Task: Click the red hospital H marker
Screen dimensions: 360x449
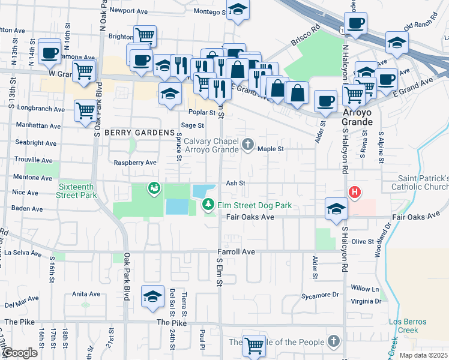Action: [x=355, y=192]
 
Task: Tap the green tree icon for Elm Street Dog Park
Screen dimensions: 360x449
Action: [x=208, y=205]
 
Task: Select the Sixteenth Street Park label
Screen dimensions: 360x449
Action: [x=77, y=191]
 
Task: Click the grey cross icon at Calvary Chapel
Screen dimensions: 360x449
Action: [x=247, y=145]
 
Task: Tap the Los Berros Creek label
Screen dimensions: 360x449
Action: [x=407, y=325]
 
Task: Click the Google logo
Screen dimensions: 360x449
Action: [x=19, y=353]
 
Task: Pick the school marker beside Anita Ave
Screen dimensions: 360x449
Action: [x=152, y=296]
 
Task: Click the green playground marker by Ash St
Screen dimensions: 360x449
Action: [x=154, y=189]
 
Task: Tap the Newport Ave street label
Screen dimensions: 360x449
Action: [x=128, y=11]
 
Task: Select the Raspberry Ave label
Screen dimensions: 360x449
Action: [x=135, y=163]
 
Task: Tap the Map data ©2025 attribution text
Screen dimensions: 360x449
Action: [x=423, y=355]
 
